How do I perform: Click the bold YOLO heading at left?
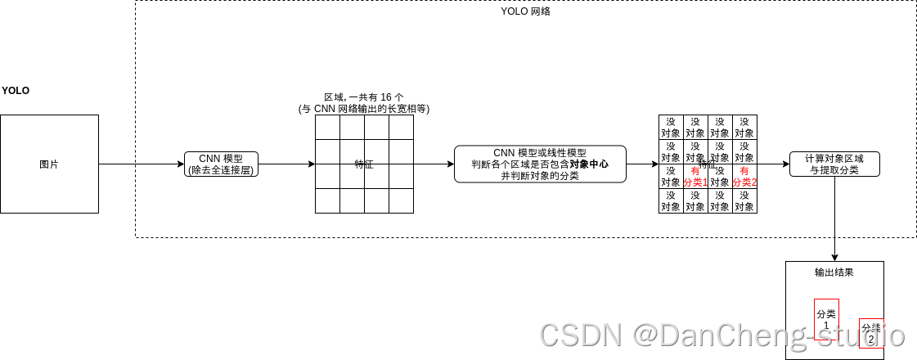click(x=16, y=91)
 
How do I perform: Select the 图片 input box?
click(x=49, y=164)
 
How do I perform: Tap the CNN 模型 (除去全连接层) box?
click(x=221, y=164)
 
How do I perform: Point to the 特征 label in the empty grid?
click(x=364, y=164)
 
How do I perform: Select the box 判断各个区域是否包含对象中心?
click(x=540, y=164)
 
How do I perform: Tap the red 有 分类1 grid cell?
click(x=695, y=177)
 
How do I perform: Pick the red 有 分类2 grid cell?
click(x=744, y=177)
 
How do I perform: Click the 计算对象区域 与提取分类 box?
click(x=834, y=164)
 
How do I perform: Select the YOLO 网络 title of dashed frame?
click(x=525, y=11)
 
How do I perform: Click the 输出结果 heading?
click(x=834, y=272)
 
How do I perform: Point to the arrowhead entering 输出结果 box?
click(x=834, y=257)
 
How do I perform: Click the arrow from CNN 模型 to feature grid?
click(x=286, y=164)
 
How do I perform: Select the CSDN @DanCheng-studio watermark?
click(x=722, y=335)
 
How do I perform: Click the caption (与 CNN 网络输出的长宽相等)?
click(x=364, y=109)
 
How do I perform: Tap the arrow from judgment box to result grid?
click(x=642, y=164)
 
